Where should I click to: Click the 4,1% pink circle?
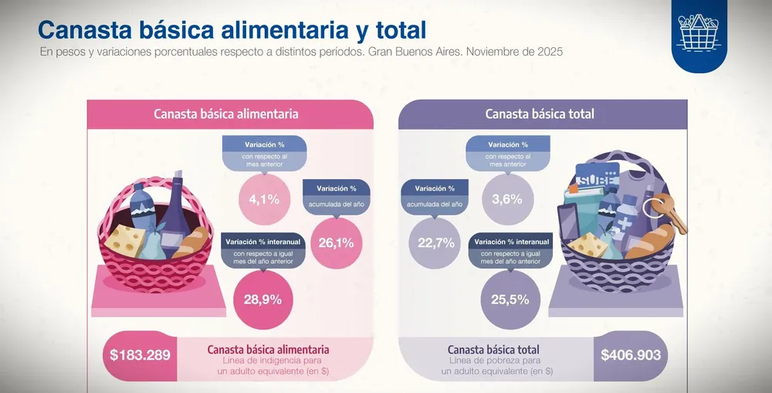pos(264,199)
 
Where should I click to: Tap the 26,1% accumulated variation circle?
pos(337,242)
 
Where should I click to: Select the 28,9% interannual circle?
pos(262,300)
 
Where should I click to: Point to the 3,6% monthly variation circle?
pos(508,199)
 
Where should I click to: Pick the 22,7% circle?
pos(435,242)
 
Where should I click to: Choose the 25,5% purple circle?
pos(510,300)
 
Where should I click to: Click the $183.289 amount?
pos(140,355)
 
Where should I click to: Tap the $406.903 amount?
pos(631,355)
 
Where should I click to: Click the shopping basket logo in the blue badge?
pos(699,32)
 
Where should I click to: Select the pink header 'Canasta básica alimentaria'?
pos(226,113)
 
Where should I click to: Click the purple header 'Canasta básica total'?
pos(540,113)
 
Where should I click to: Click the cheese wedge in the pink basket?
pos(124,240)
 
